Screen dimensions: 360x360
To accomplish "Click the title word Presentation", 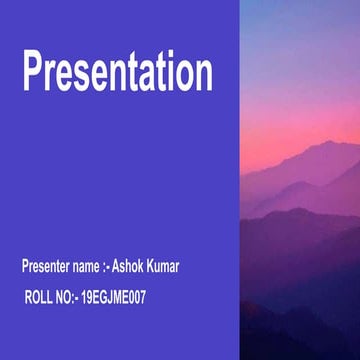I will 117,73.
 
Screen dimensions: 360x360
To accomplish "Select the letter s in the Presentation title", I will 79,77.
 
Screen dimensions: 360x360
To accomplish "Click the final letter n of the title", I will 202,77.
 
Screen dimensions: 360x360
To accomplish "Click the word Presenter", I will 46,267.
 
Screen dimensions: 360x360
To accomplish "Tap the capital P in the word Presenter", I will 25,267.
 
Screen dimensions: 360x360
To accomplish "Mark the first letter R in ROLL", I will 29,297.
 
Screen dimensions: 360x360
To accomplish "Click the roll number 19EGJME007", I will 112,297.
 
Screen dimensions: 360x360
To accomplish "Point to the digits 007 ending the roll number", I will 136,297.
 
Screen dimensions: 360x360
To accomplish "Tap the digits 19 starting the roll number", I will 85,297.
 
